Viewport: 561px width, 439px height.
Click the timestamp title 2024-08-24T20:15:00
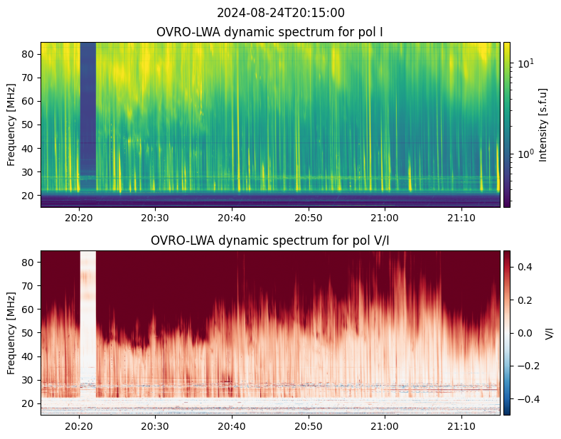tap(280, 13)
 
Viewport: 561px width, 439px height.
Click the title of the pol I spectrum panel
tap(269, 32)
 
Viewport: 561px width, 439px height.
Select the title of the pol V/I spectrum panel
tap(269, 240)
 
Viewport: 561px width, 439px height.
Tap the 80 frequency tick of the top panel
tap(28, 54)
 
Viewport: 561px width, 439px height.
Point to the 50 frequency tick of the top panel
tap(28, 125)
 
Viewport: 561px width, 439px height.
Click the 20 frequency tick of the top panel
tap(28, 196)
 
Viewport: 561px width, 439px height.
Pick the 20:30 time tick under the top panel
tap(155, 218)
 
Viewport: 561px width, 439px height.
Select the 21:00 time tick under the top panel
tap(385, 218)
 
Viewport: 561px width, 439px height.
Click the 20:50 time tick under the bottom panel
tap(309, 426)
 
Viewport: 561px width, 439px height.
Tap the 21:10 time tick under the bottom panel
tap(461, 426)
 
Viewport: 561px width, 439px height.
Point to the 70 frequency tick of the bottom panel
tap(28, 286)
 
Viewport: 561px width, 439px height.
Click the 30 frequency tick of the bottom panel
tap(28, 380)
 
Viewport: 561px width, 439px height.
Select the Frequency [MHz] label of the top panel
tap(11, 125)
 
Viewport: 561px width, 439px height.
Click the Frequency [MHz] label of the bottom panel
tap(11, 333)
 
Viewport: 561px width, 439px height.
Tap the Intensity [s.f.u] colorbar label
tap(543, 125)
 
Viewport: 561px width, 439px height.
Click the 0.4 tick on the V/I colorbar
tap(525, 267)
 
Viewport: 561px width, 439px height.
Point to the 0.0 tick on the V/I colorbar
tap(525, 333)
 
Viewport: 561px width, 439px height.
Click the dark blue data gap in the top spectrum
tap(88, 117)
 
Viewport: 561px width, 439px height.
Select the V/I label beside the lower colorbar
tap(549, 333)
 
